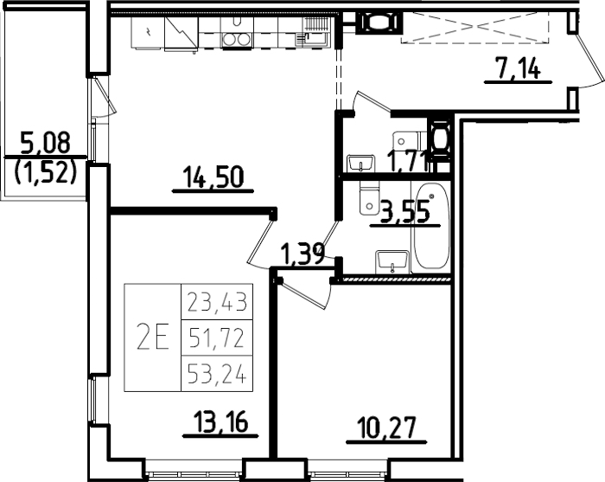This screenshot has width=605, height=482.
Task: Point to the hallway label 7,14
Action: click(517, 68)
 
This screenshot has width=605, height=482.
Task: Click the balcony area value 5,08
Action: click(43, 140)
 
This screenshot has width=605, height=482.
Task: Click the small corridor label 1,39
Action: click(302, 254)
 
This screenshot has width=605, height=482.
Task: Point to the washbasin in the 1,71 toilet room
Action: click(359, 162)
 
